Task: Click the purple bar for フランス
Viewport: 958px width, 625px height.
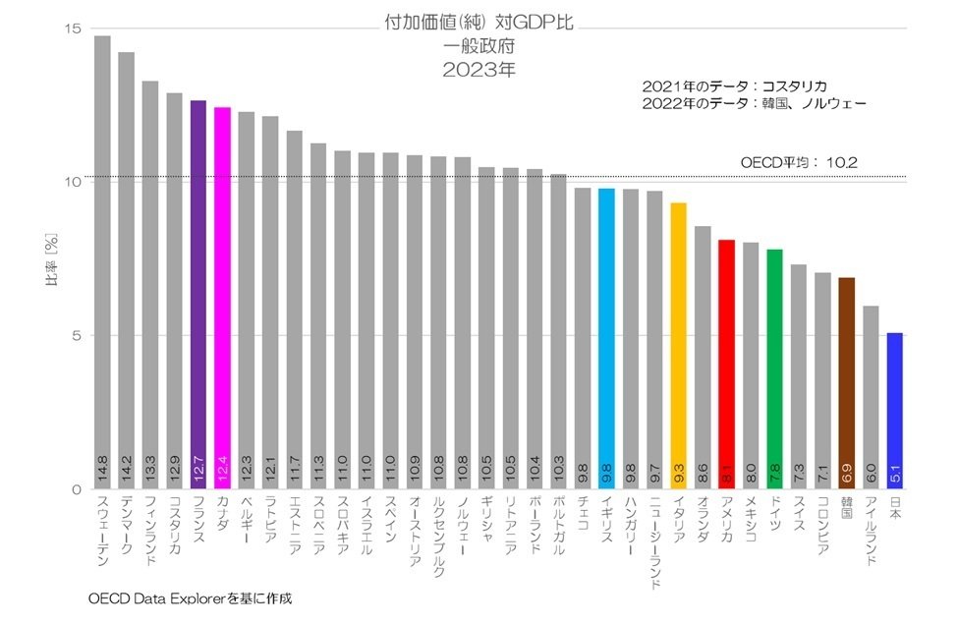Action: pos(198,295)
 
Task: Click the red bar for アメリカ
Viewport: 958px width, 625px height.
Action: pos(726,364)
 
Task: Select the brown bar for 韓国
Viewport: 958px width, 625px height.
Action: pos(846,383)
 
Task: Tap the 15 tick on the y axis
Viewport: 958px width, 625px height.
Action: pos(72,28)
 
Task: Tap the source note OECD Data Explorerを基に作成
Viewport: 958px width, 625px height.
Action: pos(191,597)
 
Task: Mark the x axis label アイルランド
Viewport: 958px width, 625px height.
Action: pos(871,537)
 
